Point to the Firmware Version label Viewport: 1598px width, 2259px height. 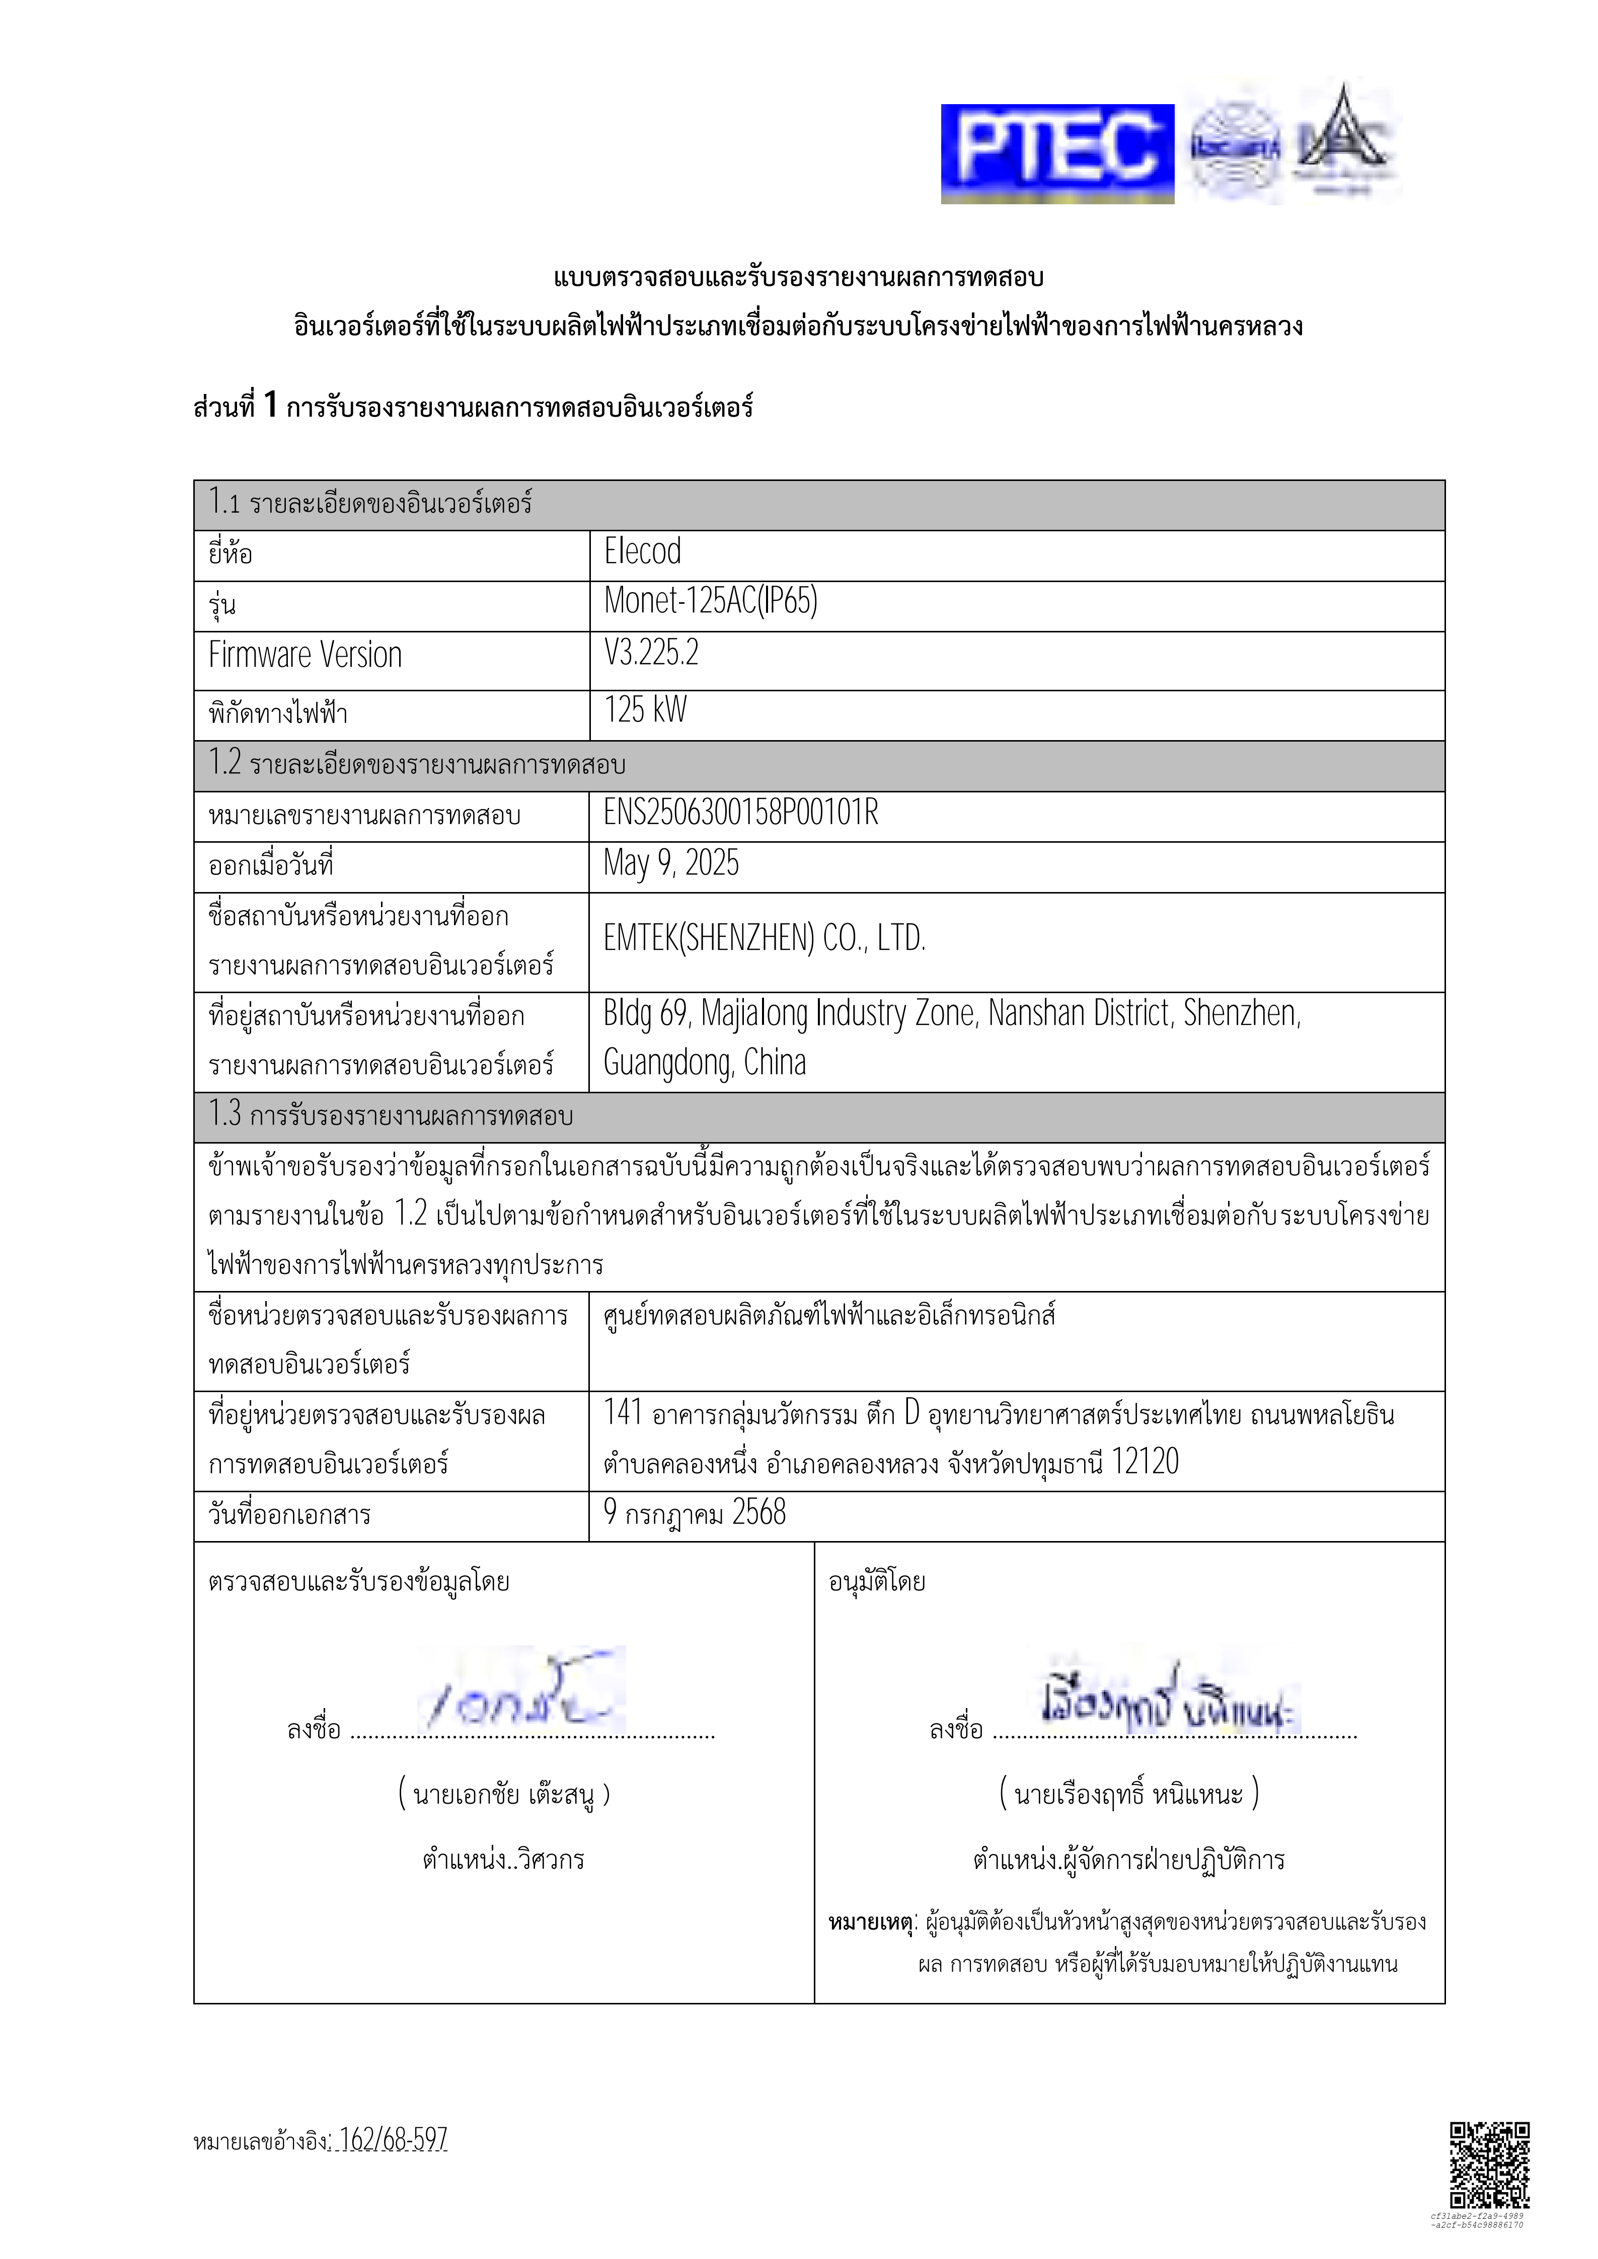click(305, 655)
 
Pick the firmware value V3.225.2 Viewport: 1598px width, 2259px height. click(651, 653)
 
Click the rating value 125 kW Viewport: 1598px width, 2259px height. click(646, 709)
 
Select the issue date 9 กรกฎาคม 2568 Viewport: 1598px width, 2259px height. click(695, 1512)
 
